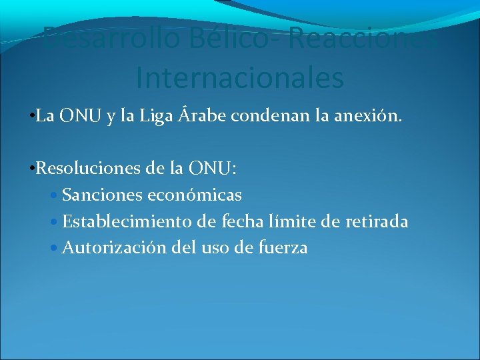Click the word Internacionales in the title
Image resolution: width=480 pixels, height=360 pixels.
pyautogui.click(x=239, y=77)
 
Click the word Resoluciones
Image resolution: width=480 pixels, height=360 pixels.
pyautogui.click(x=89, y=168)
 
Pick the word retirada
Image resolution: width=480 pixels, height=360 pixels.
pyautogui.click(x=377, y=221)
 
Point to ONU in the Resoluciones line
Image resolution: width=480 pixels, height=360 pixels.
pyautogui.click(x=213, y=168)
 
